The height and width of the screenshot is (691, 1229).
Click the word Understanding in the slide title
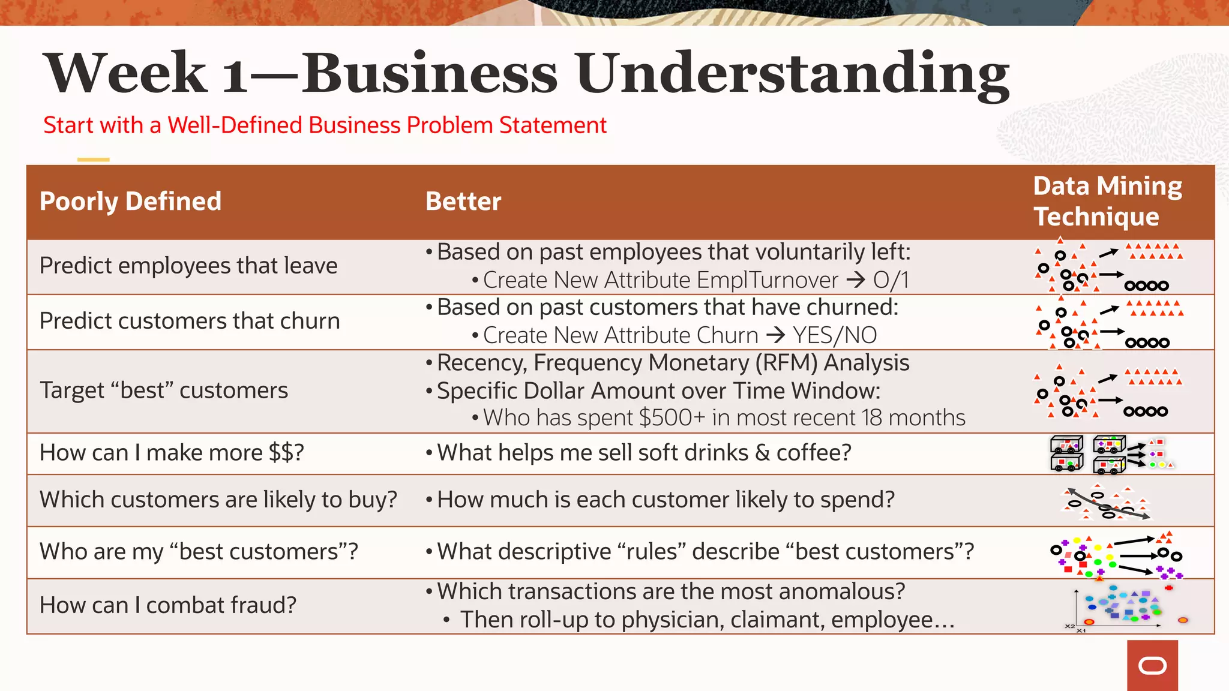click(x=792, y=73)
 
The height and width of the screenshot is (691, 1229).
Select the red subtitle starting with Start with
click(x=325, y=125)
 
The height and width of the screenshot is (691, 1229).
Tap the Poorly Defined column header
click(x=130, y=202)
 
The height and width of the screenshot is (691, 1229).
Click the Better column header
click(x=463, y=202)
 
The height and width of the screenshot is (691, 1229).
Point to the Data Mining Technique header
click(x=1107, y=202)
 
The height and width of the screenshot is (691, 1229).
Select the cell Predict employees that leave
click(x=188, y=266)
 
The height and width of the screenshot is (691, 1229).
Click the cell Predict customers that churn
click(x=190, y=321)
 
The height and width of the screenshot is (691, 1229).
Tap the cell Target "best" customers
click(x=164, y=390)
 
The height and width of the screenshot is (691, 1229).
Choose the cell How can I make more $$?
click(x=172, y=452)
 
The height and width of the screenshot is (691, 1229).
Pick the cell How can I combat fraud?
click(x=168, y=605)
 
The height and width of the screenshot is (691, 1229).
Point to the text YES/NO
click(x=835, y=335)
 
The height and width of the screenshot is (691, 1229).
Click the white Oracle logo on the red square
click(x=1152, y=666)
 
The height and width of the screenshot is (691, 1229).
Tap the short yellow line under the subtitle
click(x=93, y=160)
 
